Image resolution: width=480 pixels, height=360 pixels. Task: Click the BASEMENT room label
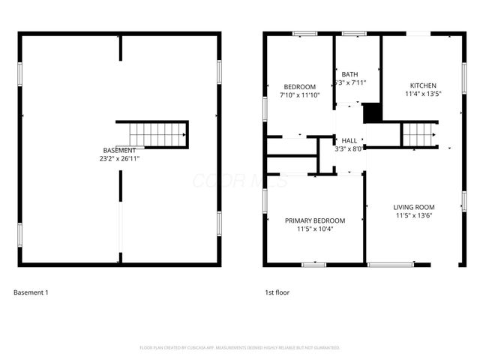pos(119,150)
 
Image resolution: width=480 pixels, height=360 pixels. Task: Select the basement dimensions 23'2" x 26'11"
pos(119,158)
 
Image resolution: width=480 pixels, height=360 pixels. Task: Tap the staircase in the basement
pos(157,135)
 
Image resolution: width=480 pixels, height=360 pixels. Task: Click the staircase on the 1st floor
pos(418,135)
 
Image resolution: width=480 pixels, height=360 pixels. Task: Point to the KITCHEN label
pos(422,85)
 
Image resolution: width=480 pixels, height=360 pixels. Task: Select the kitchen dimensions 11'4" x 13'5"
pos(422,94)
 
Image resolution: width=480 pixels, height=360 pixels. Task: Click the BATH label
pos(349,74)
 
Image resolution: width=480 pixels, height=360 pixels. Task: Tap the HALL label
pos(349,140)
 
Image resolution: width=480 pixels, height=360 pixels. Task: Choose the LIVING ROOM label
pos(414,207)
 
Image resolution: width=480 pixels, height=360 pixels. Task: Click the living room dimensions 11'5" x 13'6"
pos(414,216)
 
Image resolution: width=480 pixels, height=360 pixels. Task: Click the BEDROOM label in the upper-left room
pos(298,86)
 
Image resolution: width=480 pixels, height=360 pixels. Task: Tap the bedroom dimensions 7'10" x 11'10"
pos(298,95)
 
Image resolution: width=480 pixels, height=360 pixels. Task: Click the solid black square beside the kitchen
pos(372,112)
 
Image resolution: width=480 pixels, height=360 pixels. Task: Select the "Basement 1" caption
pos(31,292)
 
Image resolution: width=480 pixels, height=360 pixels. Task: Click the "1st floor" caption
pos(277,292)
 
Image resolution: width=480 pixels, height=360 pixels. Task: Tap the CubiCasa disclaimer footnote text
pos(240,348)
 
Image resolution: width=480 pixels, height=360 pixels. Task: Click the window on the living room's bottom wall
pos(391,264)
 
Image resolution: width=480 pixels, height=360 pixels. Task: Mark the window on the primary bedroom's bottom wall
pos(313,264)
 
